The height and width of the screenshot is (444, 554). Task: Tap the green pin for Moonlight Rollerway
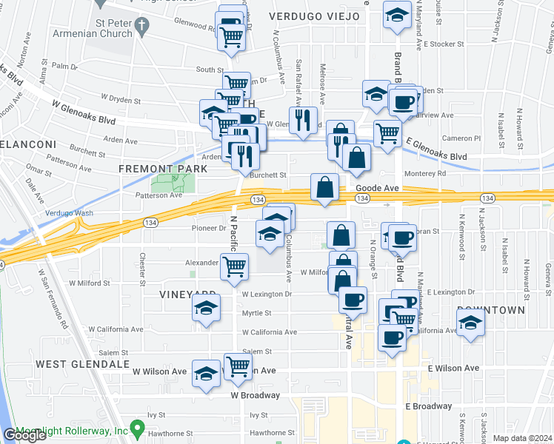(x=136, y=428)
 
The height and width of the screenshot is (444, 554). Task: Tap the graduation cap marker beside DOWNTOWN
(x=469, y=323)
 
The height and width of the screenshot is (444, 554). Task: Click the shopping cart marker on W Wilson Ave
(x=238, y=365)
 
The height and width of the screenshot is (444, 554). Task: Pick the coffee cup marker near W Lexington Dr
(x=353, y=299)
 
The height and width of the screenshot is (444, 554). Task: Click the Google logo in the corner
(x=24, y=435)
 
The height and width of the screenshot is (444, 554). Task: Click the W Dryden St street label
(x=121, y=97)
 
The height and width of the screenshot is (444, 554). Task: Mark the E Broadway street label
(x=428, y=406)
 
